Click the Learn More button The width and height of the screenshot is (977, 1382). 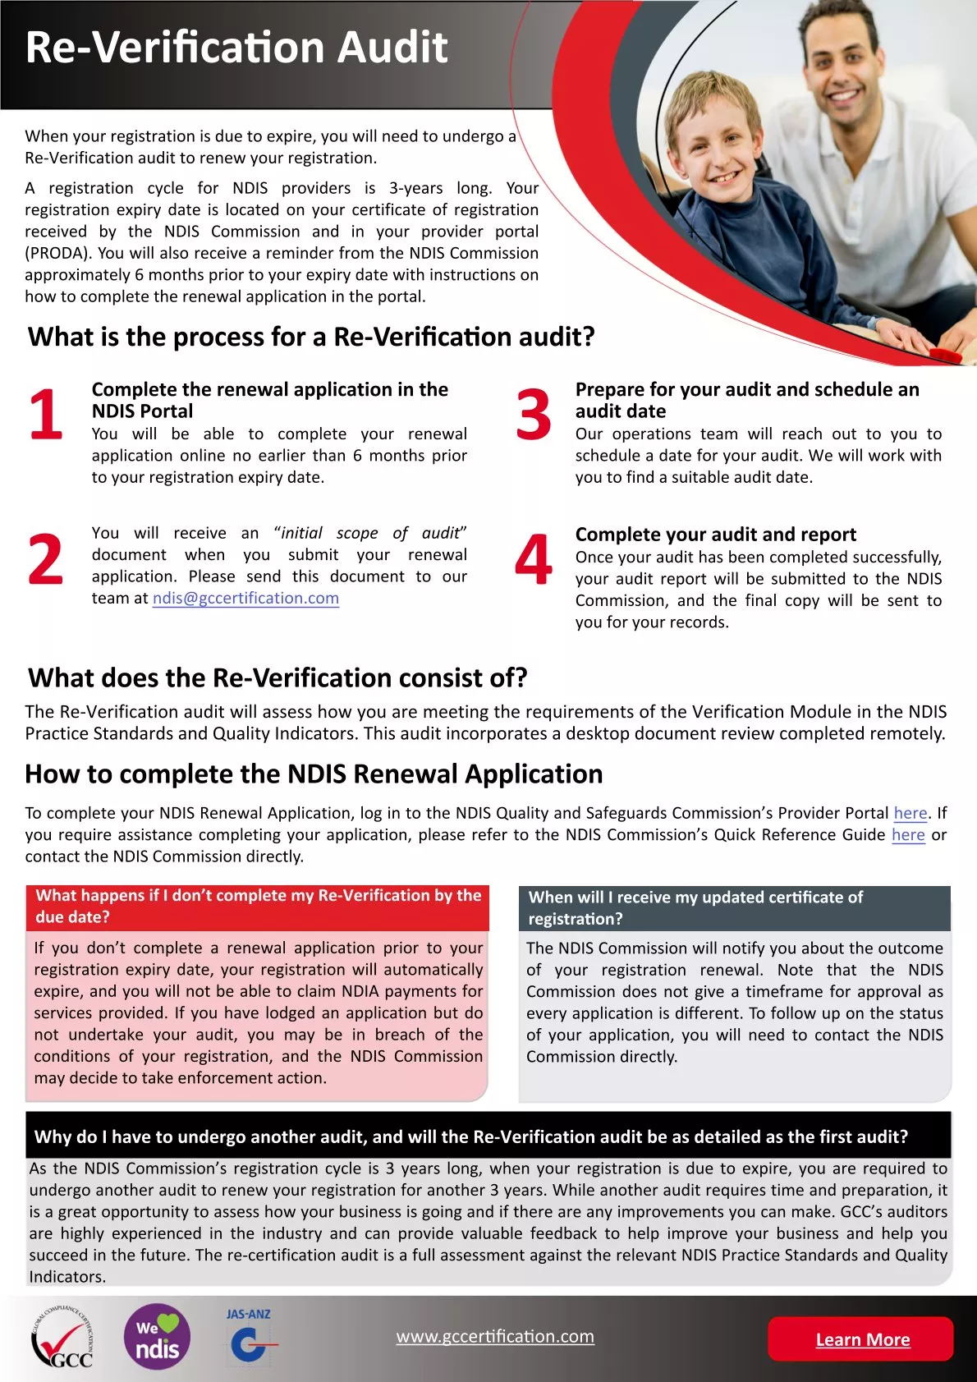pyautogui.click(x=861, y=1339)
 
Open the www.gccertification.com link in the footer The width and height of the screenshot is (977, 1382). pyautogui.click(x=495, y=1336)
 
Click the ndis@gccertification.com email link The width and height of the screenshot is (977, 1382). pyautogui.click(x=245, y=599)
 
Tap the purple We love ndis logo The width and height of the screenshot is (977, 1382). pyautogui.click(x=157, y=1338)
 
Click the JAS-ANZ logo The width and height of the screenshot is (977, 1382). pyautogui.click(x=249, y=1336)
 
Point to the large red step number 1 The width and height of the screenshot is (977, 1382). pyautogui.click(x=46, y=415)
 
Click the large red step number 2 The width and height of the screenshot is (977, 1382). pyautogui.click(x=46, y=560)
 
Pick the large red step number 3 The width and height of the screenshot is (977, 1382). pyautogui.click(x=534, y=415)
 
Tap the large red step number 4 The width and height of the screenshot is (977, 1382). pyautogui.click(x=534, y=560)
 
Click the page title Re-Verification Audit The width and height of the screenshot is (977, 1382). pyautogui.click(x=236, y=48)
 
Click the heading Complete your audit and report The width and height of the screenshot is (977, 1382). pyautogui.click(x=715, y=535)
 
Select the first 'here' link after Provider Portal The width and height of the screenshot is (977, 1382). pyautogui.click(x=910, y=813)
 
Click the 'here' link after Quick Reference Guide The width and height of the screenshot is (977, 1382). pyautogui.click(x=908, y=834)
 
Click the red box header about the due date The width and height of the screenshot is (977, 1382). pyautogui.click(x=258, y=907)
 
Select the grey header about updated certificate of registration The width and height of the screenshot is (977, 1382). pyautogui.click(x=734, y=908)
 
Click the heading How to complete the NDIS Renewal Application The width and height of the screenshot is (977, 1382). pyautogui.click(x=314, y=774)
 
